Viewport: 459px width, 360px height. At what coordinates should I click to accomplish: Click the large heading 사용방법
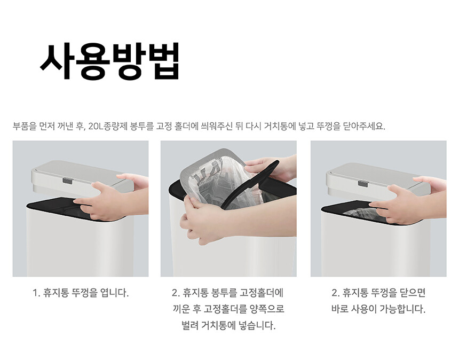click(x=109, y=61)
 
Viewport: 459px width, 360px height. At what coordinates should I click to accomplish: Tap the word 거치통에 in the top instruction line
click(x=280, y=127)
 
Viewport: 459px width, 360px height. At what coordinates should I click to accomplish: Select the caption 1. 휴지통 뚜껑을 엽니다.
click(x=81, y=293)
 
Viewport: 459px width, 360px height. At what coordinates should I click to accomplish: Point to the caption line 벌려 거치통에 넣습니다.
click(x=228, y=325)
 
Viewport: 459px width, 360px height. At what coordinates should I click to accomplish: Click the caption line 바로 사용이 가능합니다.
click(x=378, y=309)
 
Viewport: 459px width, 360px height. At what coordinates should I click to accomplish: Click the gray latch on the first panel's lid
click(x=67, y=181)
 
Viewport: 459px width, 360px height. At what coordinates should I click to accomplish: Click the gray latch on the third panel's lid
click(x=363, y=183)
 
